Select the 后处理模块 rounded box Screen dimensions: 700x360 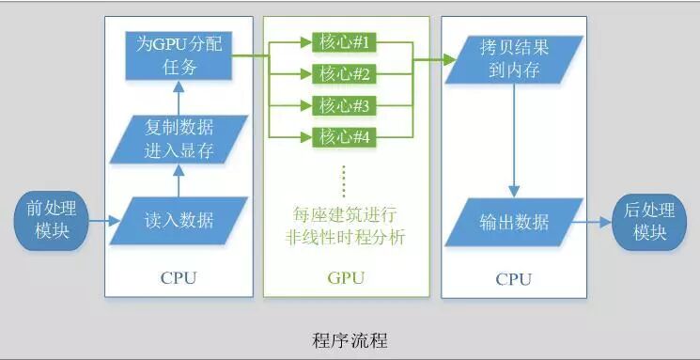click(648, 221)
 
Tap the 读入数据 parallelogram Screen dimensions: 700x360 click(179, 221)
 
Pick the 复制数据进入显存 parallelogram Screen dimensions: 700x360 click(179, 139)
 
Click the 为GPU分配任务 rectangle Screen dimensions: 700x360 click(179, 55)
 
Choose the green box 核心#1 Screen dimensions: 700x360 click(344, 43)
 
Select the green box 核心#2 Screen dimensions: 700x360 click(344, 74)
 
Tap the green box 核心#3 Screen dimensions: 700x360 click(344, 106)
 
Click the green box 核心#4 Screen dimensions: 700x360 click(344, 137)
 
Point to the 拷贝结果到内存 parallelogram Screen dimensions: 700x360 click(514, 59)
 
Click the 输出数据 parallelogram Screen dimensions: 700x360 click(514, 222)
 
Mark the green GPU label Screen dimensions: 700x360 click(346, 278)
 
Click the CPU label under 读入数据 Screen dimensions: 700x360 click(179, 278)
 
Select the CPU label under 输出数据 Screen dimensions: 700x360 click(513, 279)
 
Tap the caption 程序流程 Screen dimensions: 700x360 click(350, 341)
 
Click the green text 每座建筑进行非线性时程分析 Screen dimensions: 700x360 click(345, 226)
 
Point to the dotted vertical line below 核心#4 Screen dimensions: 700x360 click(344, 180)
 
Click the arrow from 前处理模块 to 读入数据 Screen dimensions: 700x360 click(105, 221)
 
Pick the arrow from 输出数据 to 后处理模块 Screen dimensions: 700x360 click(592, 221)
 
